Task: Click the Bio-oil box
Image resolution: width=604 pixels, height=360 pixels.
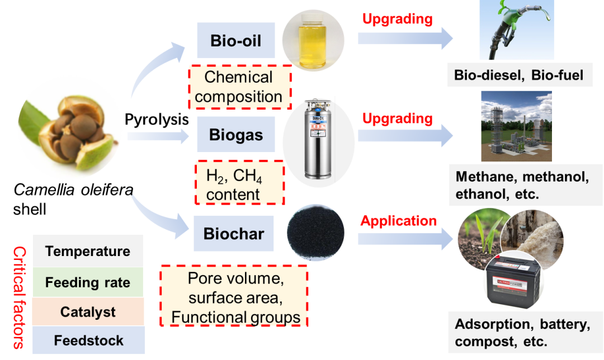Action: click(x=235, y=41)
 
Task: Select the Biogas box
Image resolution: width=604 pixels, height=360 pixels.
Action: click(x=235, y=135)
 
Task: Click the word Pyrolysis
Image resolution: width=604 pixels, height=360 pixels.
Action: click(x=157, y=120)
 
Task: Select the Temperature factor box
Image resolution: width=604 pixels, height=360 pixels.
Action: click(x=88, y=252)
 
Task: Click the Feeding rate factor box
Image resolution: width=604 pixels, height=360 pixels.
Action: click(x=88, y=282)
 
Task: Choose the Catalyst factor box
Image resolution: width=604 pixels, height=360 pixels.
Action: click(x=88, y=312)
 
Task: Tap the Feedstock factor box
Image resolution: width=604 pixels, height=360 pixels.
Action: click(x=88, y=340)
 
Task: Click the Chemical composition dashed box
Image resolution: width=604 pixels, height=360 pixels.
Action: click(x=239, y=87)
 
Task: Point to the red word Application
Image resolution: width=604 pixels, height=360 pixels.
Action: click(x=398, y=221)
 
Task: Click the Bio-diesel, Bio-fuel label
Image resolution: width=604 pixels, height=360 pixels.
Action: click(x=518, y=75)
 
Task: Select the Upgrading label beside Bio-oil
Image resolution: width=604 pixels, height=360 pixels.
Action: click(x=397, y=19)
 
